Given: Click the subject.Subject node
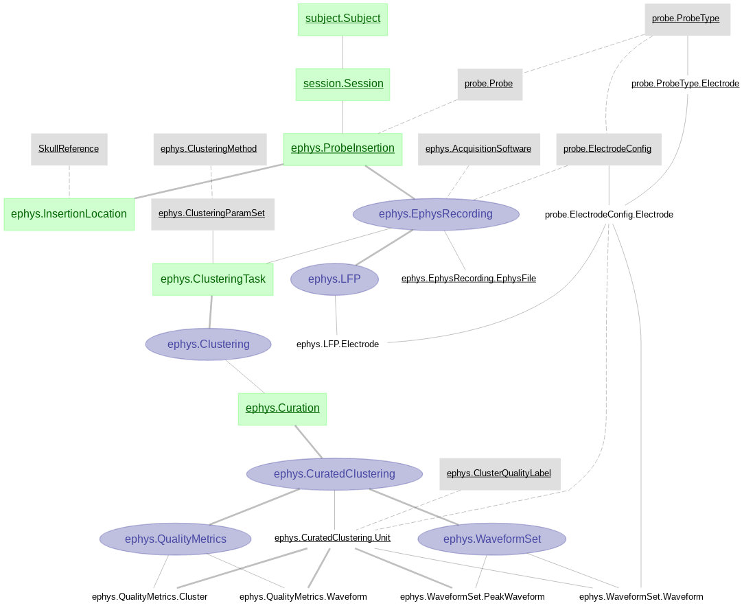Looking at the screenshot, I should tap(342, 19).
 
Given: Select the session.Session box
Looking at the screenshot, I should tap(342, 84).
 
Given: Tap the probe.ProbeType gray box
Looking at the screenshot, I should tap(687, 19).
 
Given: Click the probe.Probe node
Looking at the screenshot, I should tap(489, 84).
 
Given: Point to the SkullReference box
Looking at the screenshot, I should tap(69, 149).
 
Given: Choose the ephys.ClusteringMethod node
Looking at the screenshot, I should tap(209, 149).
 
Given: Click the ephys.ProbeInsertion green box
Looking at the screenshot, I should tap(342, 148).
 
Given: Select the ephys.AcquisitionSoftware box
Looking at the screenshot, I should tap(478, 149).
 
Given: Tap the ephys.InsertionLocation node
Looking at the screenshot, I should tap(69, 214).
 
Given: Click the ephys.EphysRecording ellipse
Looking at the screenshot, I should tap(436, 214).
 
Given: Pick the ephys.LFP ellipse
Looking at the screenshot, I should tap(334, 279).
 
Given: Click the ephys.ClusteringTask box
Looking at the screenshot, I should tap(213, 279).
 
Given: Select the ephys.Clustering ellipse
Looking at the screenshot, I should tap(208, 344).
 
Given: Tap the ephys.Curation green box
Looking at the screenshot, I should tap(282, 408).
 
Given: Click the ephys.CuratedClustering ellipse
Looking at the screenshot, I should tap(334, 474).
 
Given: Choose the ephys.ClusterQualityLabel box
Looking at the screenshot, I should tap(499, 473).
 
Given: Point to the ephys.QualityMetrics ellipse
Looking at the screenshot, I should tap(175, 539).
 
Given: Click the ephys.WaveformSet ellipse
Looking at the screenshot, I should tap(491, 539).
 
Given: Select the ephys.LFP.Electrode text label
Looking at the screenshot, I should tap(338, 344).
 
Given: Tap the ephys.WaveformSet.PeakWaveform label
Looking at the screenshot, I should tap(472, 597).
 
